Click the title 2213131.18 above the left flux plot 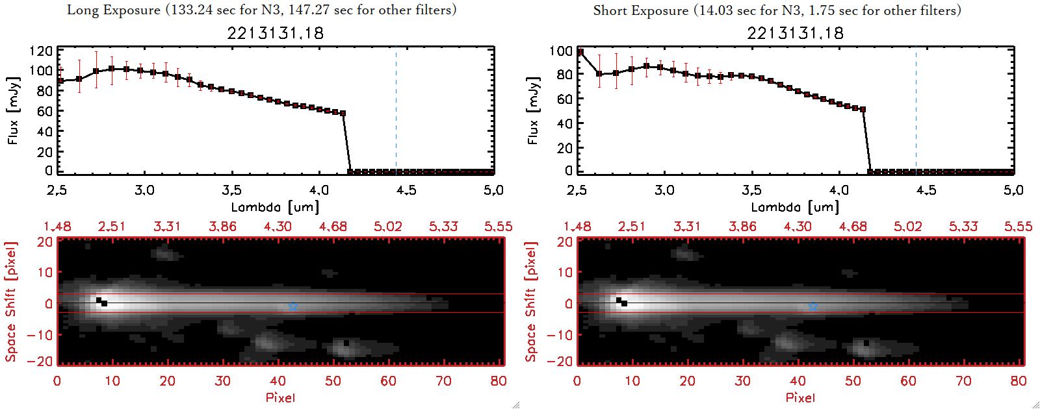click(x=275, y=33)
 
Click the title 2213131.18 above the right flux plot click(x=795, y=33)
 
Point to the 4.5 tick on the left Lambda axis click(x=406, y=190)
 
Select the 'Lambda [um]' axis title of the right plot click(x=795, y=207)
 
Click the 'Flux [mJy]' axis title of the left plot click(x=14, y=110)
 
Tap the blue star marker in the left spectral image click(x=293, y=306)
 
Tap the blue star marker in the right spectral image click(x=813, y=306)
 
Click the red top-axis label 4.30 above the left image click(x=278, y=227)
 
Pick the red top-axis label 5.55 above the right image click(x=1018, y=227)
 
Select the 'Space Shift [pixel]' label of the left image click(x=11, y=302)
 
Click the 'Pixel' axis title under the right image click(x=800, y=397)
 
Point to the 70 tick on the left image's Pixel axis click(x=443, y=381)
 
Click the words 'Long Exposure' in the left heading click(x=114, y=10)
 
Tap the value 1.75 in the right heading click(x=821, y=10)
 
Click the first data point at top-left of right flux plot click(x=580, y=52)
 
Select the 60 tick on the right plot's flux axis click(x=565, y=99)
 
